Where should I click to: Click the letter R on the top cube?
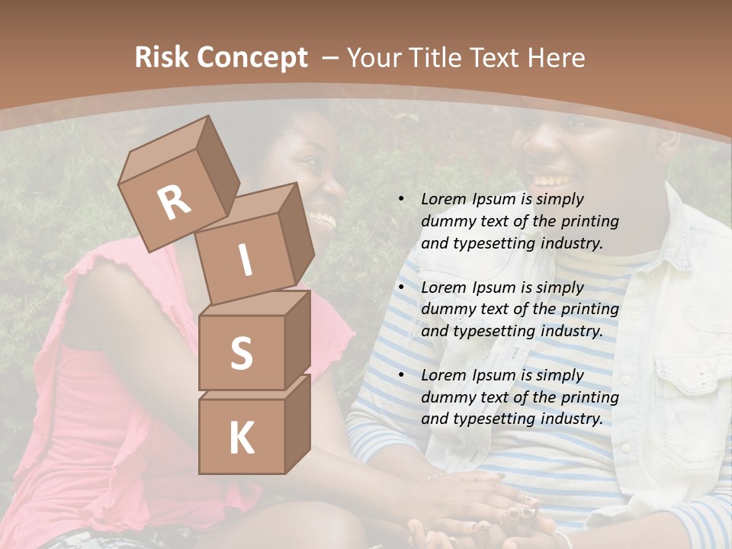pyautogui.click(x=174, y=202)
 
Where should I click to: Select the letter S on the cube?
pyautogui.click(x=241, y=353)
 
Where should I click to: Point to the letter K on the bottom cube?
pyautogui.click(x=241, y=438)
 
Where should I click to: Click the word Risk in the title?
pyautogui.click(x=161, y=57)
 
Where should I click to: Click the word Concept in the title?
pyautogui.click(x=252, y=57)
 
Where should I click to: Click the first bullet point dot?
pyautogui.click(x=401, y=200)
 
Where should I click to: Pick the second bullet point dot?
pyautogui.click(x=401, y=288)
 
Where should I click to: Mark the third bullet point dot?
pyautogui.click(x=401, y=376)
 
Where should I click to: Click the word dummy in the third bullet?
pyautogui.click(x=447, y=397)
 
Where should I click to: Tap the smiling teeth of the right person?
pyautogui.click(x=548, y=181)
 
